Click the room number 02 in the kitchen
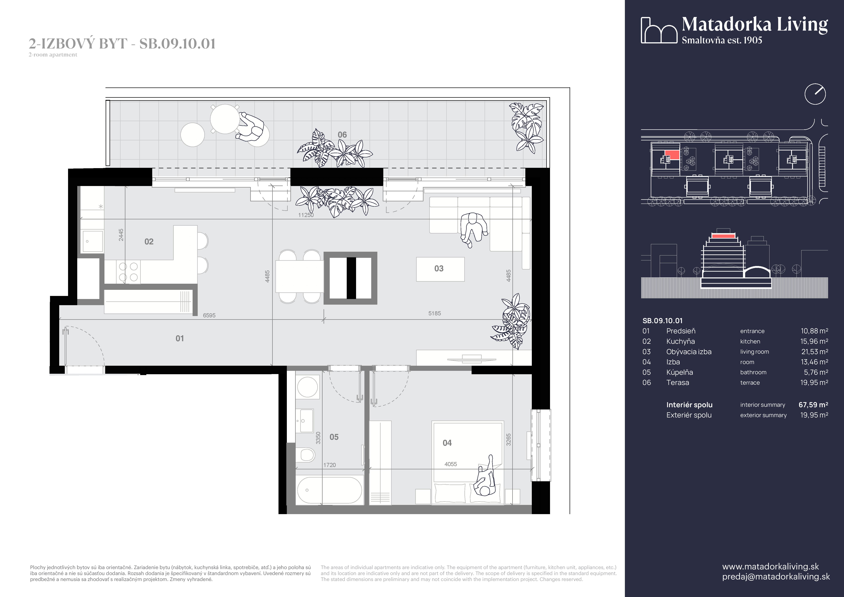pyautogui.click(x=149, y=241)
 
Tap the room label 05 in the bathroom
pyautogui.click(x=334, y=437)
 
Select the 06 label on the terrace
pyautogui.click(x=342, y=135)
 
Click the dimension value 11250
pyautogui.click(x=306, y=215)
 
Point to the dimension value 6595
pyautogui.click(x=209, y=315)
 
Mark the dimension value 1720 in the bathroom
pyautogui.click(x=329, y=465)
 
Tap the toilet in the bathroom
pyautogui.click(x=307, y=454)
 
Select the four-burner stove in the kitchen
pyautogui.click(x=128, y=272)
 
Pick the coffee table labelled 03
pyautogui.click(x=440, y=269)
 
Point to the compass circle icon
pyautogui.click(x=815, y=94)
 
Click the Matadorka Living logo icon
pyautogui.click(x=659, y=30)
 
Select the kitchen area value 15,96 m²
pyautogui.click(x=814, y=342)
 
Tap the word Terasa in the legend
pyautogui.click(x=677, y=383)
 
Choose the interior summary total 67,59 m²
pyautogui.click(x=813, y=405)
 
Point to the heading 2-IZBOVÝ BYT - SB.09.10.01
pyautogui.click(x=122, y=44)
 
